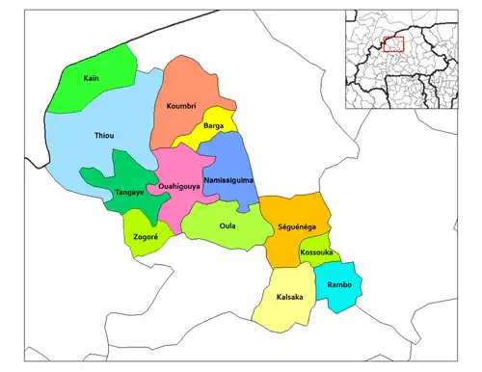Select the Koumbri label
181,105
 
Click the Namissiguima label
228,180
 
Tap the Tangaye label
130,192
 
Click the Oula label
228,226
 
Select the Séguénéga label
296,228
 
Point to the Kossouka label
316,252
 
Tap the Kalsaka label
289,297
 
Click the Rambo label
339,286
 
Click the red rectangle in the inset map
392,43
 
